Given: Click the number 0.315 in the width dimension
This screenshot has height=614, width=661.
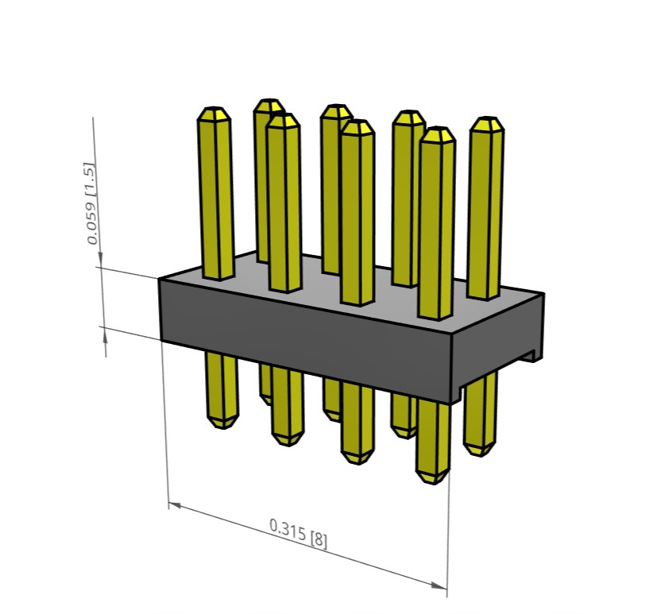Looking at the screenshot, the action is (288, 530).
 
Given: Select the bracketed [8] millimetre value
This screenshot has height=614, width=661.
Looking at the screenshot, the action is (319, 540).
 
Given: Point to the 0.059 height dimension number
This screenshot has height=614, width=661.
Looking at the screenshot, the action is (91, 223).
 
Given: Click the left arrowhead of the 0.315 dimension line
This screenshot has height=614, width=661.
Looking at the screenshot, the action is (175, 504).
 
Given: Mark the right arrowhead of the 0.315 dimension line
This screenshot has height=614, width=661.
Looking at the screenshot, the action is (439, 585).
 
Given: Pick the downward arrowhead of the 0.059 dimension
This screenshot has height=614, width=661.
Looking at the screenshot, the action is (100, 259).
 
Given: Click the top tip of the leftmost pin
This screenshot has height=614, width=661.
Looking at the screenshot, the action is (214, 108).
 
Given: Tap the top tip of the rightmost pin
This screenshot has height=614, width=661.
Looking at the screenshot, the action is (487, 118).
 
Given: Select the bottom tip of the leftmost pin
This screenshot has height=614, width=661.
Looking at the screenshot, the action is (222, 428).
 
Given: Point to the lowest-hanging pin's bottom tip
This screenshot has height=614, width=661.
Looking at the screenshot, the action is (431, 483).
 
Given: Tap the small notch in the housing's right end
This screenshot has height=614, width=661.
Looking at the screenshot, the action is (532, 356).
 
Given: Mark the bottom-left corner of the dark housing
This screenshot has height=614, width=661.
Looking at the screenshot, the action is (160, 340).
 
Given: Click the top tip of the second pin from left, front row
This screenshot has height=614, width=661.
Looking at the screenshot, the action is (284, 114).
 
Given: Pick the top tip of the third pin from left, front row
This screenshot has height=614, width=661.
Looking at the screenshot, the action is (357, 121).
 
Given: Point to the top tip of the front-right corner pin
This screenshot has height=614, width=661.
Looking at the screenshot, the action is (438, 128).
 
